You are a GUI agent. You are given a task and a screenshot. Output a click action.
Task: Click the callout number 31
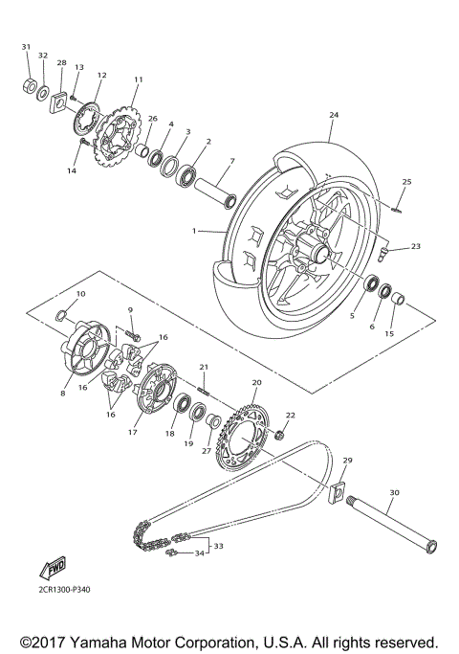point(26,47)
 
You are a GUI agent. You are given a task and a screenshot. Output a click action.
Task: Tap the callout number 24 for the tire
point(334,115)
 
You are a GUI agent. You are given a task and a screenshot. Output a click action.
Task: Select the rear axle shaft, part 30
point(391,528)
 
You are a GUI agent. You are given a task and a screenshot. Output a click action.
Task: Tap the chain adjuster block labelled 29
point(338,493)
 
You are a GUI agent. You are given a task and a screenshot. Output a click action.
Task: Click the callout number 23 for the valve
point(415,247)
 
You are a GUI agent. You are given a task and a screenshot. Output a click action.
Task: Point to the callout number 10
point(80,293)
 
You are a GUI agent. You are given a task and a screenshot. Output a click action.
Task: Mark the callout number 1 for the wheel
point(193,231)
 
